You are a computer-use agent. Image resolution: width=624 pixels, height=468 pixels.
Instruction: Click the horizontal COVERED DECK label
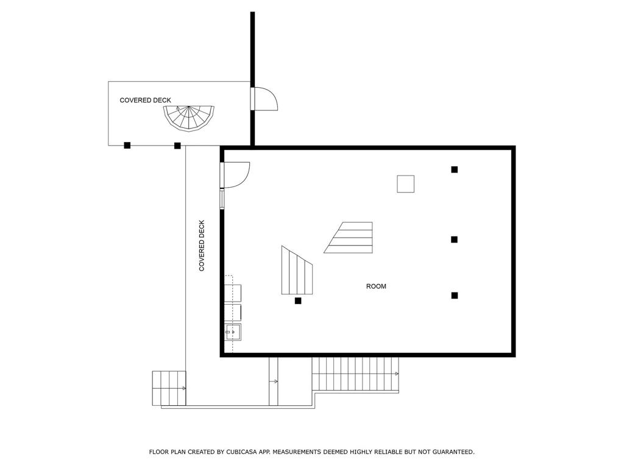(x=145, y=100)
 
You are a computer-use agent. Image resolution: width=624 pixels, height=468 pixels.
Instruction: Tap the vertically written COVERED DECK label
(x=202, y=246)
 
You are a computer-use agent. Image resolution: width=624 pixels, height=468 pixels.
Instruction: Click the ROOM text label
(x=376, y=286)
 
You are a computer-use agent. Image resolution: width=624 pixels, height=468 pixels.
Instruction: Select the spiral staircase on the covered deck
(x=189, y=117)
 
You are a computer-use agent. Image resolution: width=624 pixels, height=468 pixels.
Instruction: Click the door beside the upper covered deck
(x=264, y=99)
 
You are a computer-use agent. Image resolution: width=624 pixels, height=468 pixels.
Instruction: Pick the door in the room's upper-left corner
(x=236, y=174)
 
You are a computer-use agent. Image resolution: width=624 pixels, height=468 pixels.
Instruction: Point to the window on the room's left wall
(x=222, y=199)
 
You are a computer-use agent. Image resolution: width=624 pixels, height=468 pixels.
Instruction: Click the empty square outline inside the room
(x=405, y=183)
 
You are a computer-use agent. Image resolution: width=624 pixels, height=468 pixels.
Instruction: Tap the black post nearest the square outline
(x=454, y=169)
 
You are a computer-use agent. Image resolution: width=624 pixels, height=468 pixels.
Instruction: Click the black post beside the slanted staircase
(x=298, y=300)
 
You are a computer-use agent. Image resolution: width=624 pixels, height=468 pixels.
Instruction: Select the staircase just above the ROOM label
(x=350, y=237)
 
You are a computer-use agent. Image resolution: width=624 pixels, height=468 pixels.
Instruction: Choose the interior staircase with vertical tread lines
(x=296, y=270)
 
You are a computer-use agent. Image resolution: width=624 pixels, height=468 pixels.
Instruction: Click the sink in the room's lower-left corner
(x=233, y=332)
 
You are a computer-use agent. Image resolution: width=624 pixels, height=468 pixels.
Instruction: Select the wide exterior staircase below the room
(x=355, y=374)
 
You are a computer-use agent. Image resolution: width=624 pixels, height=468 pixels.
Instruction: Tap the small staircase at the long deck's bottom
(x=169, y=388)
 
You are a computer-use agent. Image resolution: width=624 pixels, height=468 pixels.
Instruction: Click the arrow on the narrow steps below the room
(x=274, y=381)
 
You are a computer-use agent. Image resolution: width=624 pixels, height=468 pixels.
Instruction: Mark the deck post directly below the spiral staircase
(x=177, y=145)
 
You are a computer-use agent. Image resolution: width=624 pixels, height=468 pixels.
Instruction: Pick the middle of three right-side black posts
(x=454, y=239)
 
